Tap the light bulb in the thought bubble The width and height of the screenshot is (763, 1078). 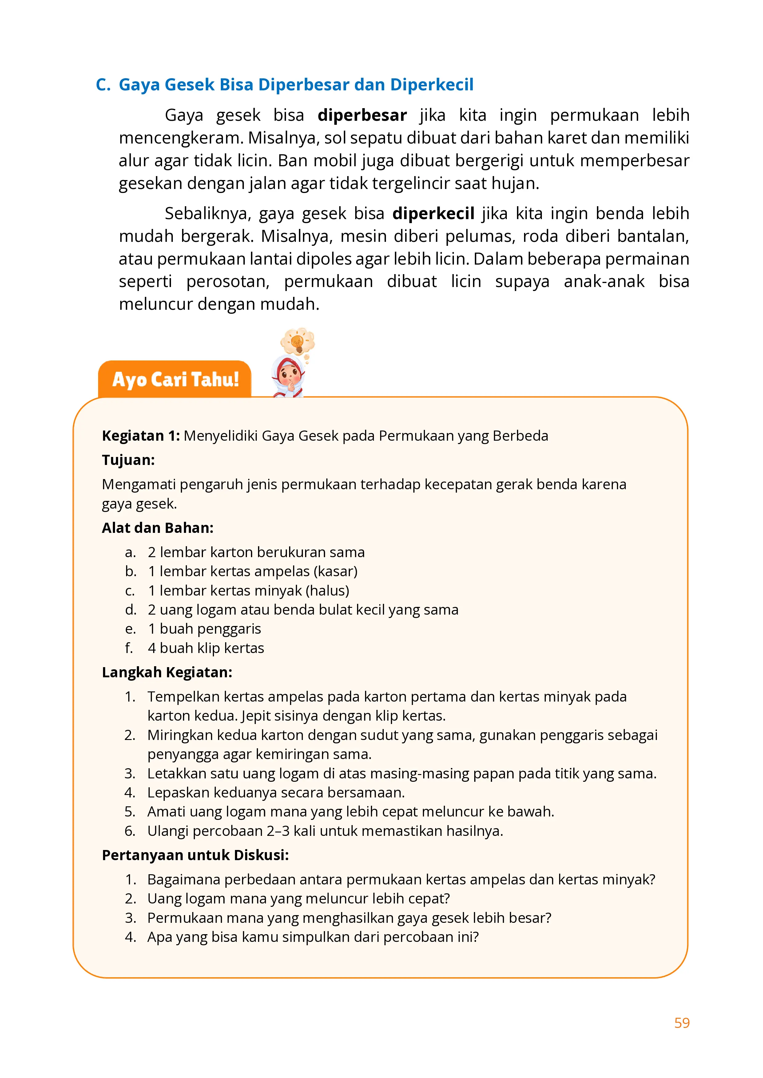coord(297,342)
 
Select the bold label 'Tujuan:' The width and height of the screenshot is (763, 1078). coord(128,460)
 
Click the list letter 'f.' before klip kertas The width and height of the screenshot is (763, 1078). coord(129,648)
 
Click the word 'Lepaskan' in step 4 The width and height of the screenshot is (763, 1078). coord(179,793)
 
